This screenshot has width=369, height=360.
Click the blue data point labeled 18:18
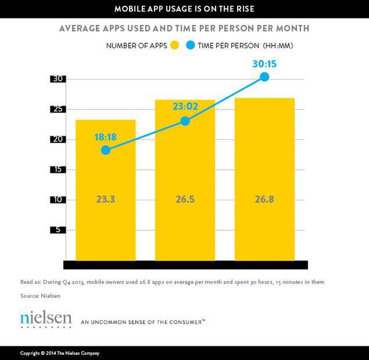(x=105, y=150)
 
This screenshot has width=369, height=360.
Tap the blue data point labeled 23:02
(x=185, y=121)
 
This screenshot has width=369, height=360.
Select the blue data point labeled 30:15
(x=264, y=77)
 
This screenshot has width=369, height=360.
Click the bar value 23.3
(x=106, y=200)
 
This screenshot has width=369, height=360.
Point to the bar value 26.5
(x=185, y=200)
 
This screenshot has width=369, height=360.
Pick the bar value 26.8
(x=264, y=200)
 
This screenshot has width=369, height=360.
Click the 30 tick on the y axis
(x=58, y=79)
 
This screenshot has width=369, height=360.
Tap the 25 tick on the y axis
(x=58, y=109)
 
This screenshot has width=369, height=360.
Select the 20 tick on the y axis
(x=58, y=139)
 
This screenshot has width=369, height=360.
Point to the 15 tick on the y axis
(x=58, y=170)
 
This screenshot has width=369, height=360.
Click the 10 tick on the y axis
(x=58, y=200)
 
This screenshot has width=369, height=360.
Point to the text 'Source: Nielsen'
(x=40, y=296)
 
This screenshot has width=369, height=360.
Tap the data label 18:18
(x=106, y=138)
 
